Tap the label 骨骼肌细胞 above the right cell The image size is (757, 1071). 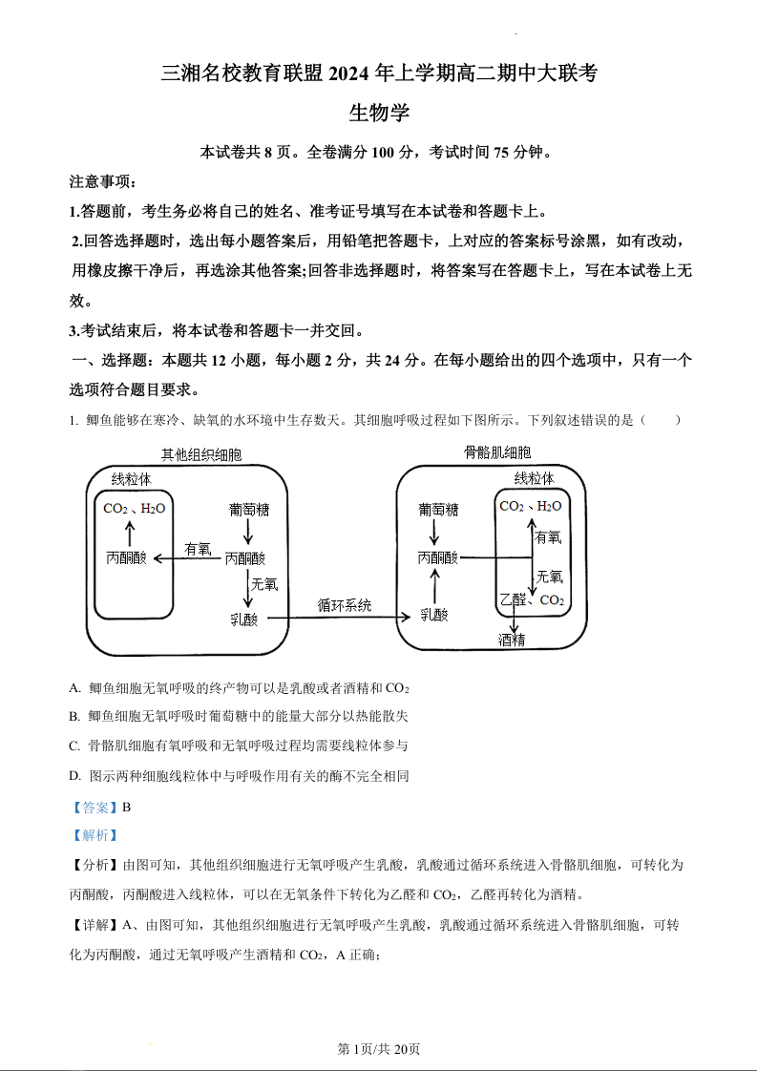[x=497, y=452]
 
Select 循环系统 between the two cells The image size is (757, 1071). [x=345, y=605]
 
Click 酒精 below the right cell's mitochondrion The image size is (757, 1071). [x=512, y=640]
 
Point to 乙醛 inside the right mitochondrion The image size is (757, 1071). [x=512, y=600]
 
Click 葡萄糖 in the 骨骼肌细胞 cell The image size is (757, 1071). [x=438, y=510]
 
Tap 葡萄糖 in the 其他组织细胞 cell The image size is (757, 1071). [x=249, y=510]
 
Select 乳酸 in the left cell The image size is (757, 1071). [x=244, y=619]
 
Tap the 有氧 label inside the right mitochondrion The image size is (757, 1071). [x=549, y=538]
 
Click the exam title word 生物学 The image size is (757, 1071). [x=379, y=113]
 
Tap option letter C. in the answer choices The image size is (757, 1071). [x=74, y=745]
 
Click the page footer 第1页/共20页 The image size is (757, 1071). [x=379, y=1049]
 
